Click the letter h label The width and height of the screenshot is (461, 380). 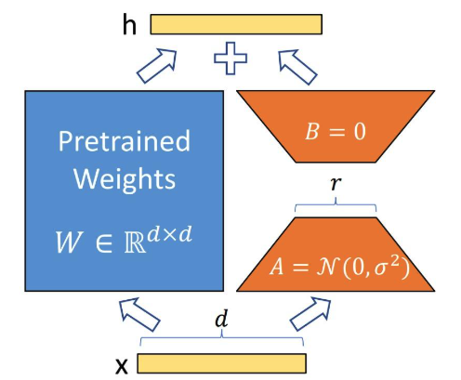(x=129, y=24)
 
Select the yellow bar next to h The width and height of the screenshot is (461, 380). (x=236, y=24)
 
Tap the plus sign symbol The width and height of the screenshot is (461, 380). (x=230, y=59)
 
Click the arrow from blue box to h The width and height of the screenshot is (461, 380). (x=157, y=65)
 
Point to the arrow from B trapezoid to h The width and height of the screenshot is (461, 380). (x=297, y=67)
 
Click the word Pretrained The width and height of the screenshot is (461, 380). (x=125, y=141)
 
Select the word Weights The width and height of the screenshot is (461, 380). (x=125, y=179)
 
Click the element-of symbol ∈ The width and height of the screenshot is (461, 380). (x=104, y=243)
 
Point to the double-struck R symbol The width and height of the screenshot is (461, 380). (x=135, y=242)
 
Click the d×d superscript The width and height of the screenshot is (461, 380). (x=169, y=234)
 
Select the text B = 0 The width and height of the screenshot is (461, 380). (x=336, y=131)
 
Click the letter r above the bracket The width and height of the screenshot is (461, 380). (x=335, y=184)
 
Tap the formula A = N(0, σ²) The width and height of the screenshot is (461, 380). (x=339, y=267)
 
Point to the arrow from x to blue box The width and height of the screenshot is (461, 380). (x=139, y=314)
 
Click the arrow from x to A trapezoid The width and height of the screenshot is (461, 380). (x=310, y=314)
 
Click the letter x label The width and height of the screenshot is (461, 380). (x=122, y=366)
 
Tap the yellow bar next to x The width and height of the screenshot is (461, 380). (x=222, y=363)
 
